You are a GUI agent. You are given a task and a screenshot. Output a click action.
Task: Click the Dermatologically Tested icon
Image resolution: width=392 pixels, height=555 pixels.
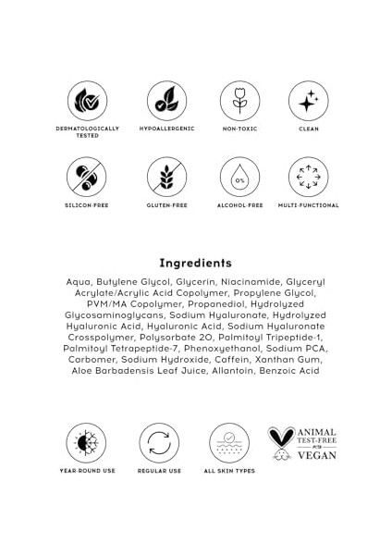tap(87, 101)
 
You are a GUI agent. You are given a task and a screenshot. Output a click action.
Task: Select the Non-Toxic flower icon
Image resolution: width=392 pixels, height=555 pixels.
tap(239, 101)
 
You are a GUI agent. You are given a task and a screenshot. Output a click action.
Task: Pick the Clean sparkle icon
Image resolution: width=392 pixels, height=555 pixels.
tap(308, 101)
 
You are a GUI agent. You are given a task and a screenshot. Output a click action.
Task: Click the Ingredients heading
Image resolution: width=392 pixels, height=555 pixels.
tap(195, 263)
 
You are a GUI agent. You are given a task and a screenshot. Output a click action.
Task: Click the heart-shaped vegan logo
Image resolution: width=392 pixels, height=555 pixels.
tap(281, 442)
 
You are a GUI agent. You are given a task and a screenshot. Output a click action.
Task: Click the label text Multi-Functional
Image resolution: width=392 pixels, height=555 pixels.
tap(308, 205)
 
